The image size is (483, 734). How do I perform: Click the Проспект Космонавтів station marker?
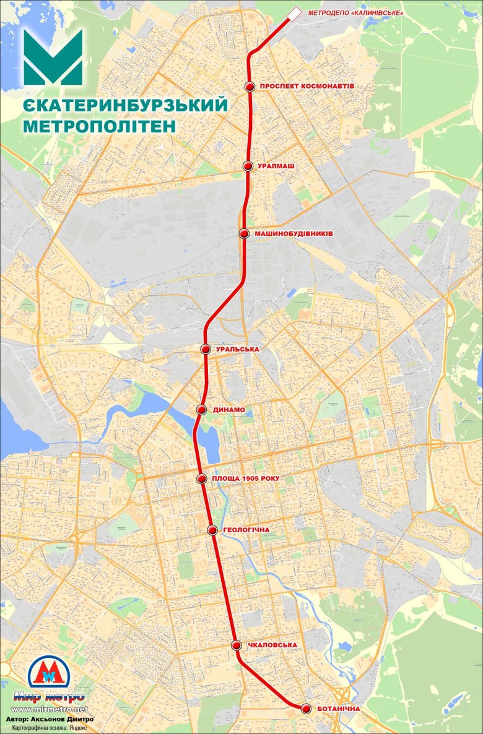point(250,87)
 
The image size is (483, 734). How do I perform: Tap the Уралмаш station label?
point(276,166)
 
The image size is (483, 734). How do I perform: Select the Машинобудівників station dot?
point(244,233)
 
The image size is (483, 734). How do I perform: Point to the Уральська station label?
point(238,349)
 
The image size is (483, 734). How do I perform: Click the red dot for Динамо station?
point(201,410)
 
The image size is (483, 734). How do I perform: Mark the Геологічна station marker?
point(212,530)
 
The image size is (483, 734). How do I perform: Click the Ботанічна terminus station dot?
point(305,709)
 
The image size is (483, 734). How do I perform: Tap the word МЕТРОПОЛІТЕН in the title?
point(99,126)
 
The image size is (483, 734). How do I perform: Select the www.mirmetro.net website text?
point(50,709)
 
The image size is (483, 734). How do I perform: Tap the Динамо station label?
point(229,410)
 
